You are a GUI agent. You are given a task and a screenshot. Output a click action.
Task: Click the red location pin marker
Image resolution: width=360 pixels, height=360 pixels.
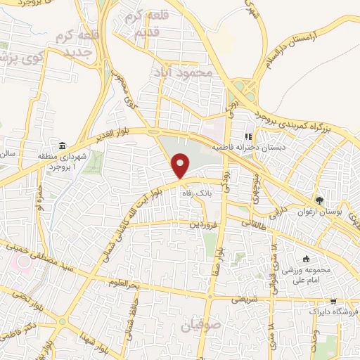181,165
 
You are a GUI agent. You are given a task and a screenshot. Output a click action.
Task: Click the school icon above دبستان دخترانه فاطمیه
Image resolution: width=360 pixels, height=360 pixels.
247,137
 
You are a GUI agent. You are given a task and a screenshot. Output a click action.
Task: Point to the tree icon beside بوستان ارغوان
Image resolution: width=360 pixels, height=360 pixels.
320,200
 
